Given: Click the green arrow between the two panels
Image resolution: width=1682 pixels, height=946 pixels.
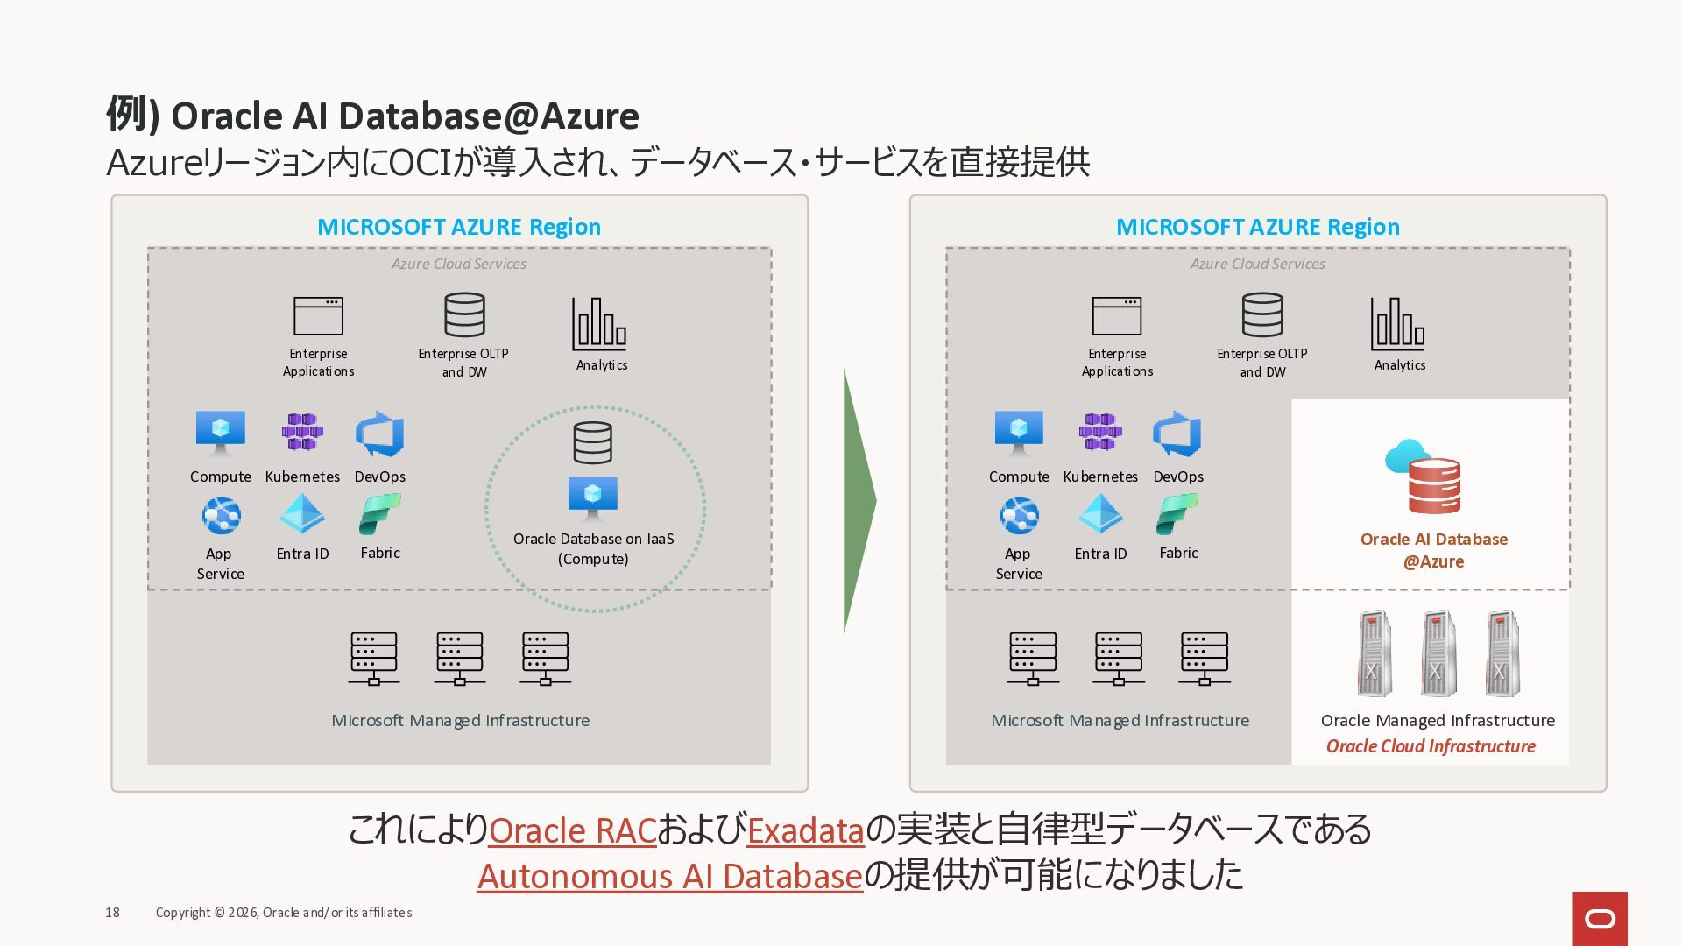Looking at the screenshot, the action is [x=859, y=501].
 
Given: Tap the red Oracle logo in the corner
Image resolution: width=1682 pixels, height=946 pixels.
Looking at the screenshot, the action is [x=1600, y=919].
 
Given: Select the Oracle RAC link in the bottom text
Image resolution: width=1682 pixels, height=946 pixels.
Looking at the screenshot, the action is [x=573, y=830].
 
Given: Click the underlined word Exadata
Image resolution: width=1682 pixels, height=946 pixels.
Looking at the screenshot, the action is [x=806, y=830].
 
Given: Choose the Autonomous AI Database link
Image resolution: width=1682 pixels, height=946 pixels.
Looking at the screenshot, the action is [x=670, y=875].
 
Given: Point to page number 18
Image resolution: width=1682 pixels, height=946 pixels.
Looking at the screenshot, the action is [x=112, y=913].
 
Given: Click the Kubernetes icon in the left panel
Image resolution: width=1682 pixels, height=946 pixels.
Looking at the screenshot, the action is [x=302, y=432].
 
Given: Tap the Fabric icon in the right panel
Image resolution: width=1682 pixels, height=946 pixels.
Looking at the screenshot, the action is [x=1177, y=514].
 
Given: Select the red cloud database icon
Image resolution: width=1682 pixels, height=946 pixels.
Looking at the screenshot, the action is [x=1423, y=477].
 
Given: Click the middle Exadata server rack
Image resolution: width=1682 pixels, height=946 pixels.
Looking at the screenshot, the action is [x=1438, y=653].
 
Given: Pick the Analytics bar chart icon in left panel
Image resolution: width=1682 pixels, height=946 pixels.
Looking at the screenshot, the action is [x=599, y=323].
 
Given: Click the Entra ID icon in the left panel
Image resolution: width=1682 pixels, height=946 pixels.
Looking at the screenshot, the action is [x=302, y=514].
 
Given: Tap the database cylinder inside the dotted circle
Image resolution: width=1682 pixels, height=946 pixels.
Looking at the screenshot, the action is [x=593, y=442].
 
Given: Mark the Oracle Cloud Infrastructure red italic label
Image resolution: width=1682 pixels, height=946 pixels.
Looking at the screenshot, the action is [x=1431, y=746].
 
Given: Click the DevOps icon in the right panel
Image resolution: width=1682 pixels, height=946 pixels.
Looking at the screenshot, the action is [x=1177, y=434].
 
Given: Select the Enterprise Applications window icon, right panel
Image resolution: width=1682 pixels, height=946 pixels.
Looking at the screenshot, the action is [x=1117, y=316].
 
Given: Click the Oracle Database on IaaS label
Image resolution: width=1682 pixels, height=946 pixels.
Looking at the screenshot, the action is [x=594, y=548].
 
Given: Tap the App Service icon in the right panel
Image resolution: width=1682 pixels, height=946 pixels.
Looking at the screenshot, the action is [x=1019, y=516].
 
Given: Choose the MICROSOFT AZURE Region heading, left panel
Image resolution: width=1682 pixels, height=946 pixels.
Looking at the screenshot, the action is [x=459, y=227].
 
